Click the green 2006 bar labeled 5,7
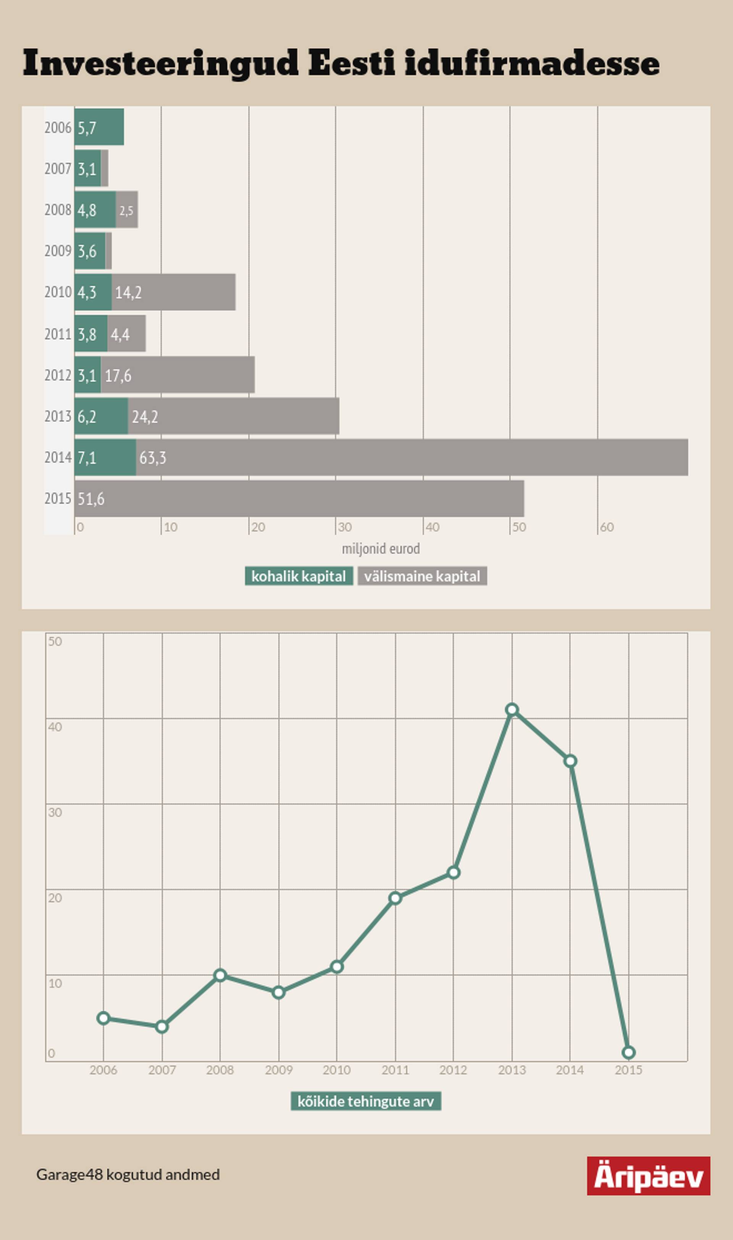coord(99,127)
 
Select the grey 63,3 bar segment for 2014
coord(412,458)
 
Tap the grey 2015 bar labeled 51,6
coord(299,498)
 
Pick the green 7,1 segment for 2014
coord(105,458)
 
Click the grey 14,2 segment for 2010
coord(173,292)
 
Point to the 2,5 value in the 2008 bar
coord(126,210)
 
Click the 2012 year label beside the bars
coord(58,375)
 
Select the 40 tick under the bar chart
coord(432,527)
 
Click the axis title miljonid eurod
coord(381,548)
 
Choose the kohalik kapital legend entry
coord(299,576)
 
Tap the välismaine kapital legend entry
coord(422,576)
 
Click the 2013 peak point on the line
coord(512,710)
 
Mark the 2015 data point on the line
coord(628,1053)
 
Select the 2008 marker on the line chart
coord(220,975)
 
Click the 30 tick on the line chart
coord(55,812)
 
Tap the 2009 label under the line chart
coord(279,1070)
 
